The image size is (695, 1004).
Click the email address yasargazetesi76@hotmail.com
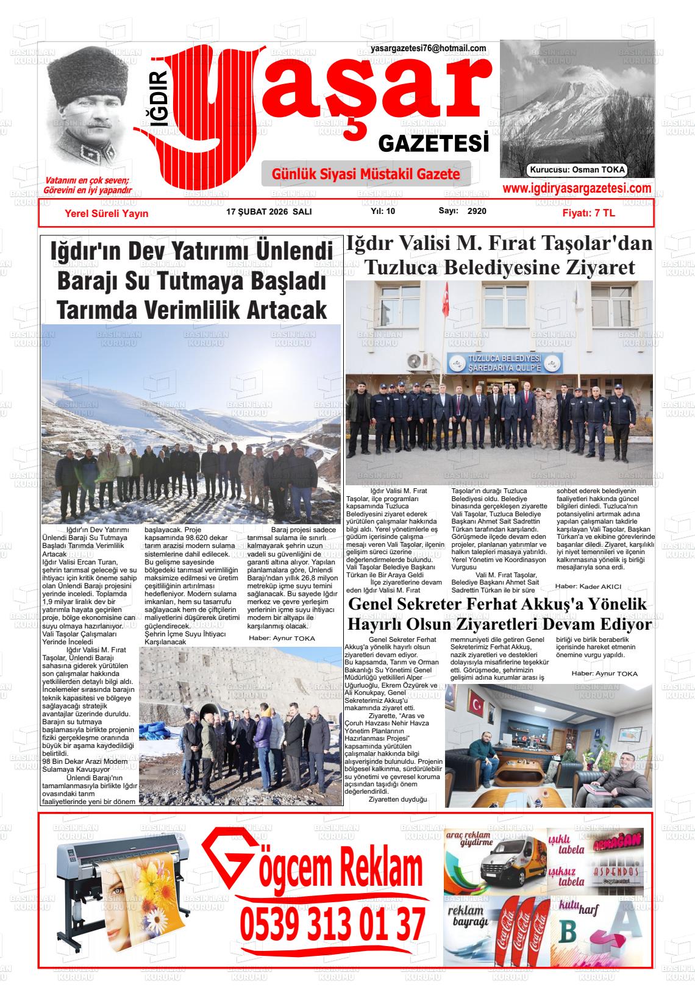(x=428, y=48)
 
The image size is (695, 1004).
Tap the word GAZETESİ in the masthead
(x=433, y=144)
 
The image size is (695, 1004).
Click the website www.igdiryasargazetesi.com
(x=577, y=189)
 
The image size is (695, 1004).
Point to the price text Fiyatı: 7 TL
(x=588, y=213)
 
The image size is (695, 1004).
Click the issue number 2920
(x=477, y=211)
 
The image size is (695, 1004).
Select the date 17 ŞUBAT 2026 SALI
(x=269, y=212)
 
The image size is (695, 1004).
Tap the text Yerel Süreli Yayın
(x=107, y=213)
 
